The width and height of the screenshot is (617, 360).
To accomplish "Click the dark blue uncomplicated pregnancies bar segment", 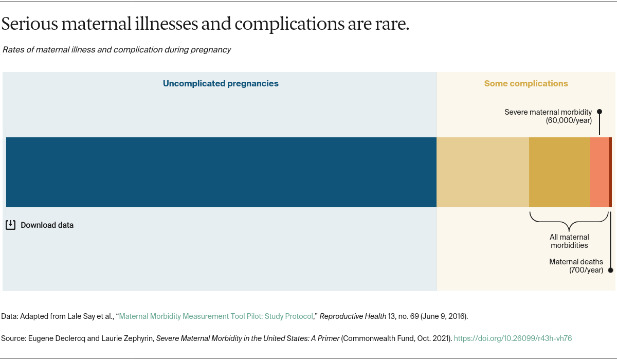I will (x=221, y=172).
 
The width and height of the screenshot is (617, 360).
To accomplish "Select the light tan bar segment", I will (x=483, y=172).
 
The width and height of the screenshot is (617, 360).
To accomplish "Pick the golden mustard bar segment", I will (x=559, y=172).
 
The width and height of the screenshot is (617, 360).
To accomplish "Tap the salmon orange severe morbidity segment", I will (x=599, y=172).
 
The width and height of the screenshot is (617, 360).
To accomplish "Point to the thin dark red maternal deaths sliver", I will (x=610, y=172).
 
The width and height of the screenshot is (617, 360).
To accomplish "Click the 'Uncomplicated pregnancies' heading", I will (x=221, y=83).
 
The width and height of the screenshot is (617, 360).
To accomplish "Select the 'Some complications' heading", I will (x=526, y=83).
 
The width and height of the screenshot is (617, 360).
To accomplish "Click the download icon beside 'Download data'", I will (x=10, y=225).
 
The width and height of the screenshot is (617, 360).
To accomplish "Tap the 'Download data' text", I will (x=47, y=225).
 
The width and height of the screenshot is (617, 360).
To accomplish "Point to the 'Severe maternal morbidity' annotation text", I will (x=548, y=112).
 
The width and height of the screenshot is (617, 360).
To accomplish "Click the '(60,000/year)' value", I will (x=569, y=120).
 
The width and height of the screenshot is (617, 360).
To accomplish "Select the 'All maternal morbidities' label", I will (x=569, y=241).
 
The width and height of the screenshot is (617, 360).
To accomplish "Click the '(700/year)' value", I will (x=586, y=270).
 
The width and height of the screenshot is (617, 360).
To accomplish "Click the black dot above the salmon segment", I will (x=600, y=112).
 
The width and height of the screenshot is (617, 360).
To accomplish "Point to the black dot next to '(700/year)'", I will (x=610, y=270).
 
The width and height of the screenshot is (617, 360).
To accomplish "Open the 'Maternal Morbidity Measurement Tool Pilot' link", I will (x=216, y=316).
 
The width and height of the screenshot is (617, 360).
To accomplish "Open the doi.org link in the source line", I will (x=513, y=338).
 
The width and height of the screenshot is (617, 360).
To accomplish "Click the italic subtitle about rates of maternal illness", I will (x=117, y=50).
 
